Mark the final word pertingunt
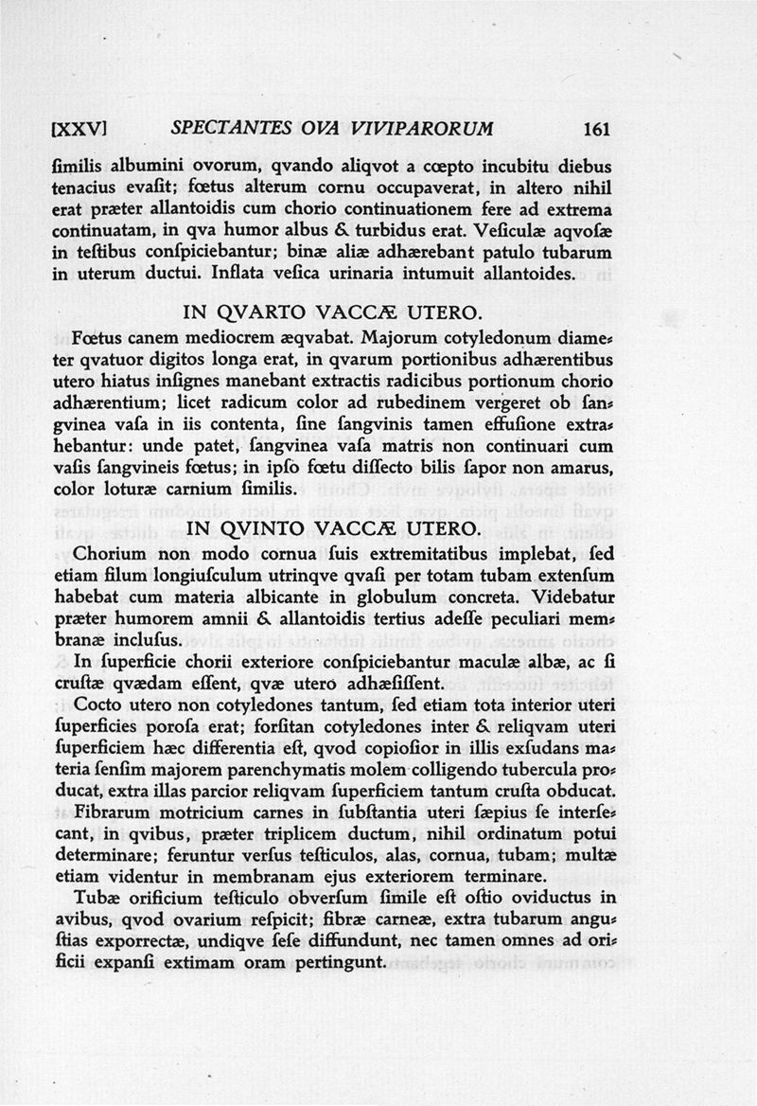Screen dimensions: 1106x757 coord(338,963)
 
